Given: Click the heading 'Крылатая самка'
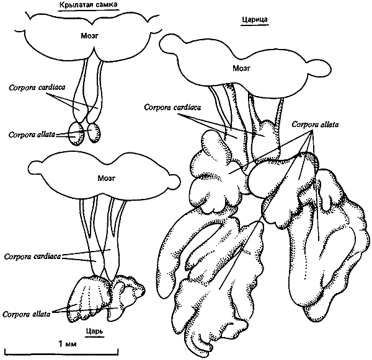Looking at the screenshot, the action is pyautogui.click(x=88, y=5).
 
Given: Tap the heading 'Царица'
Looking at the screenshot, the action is pyautogui.click(x=255, y=19).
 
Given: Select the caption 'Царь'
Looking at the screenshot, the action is pyautogui.click(x=95, y=331).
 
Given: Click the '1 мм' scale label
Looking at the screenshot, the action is pyautogui.click(x=68, y=344).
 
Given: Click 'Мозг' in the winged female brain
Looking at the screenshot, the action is pyautogui.click(x=89, y=36).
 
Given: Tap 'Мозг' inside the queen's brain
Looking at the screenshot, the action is pyautogui.click(x=241, y=69).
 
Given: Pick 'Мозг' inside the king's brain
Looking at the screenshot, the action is pyautogui.click(x=106, y=178).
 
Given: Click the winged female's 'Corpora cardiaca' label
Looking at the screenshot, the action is pyautogui.click(x=37, y=88).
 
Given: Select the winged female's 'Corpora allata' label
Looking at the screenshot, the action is pyautogui.click(x=32, y=135).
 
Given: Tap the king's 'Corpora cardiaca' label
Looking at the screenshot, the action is pyautogui.click(x=32, y=257).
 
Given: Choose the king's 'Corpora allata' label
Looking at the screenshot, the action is pyautogui.click(x=26, y=314).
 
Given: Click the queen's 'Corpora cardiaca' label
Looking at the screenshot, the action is pyautogui.click(x=172, y=107).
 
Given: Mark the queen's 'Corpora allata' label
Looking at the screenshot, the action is pyautogui.click(x=315, y=125).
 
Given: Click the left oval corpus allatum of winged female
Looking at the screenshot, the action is pyautogui.click(x=76, y=133).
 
